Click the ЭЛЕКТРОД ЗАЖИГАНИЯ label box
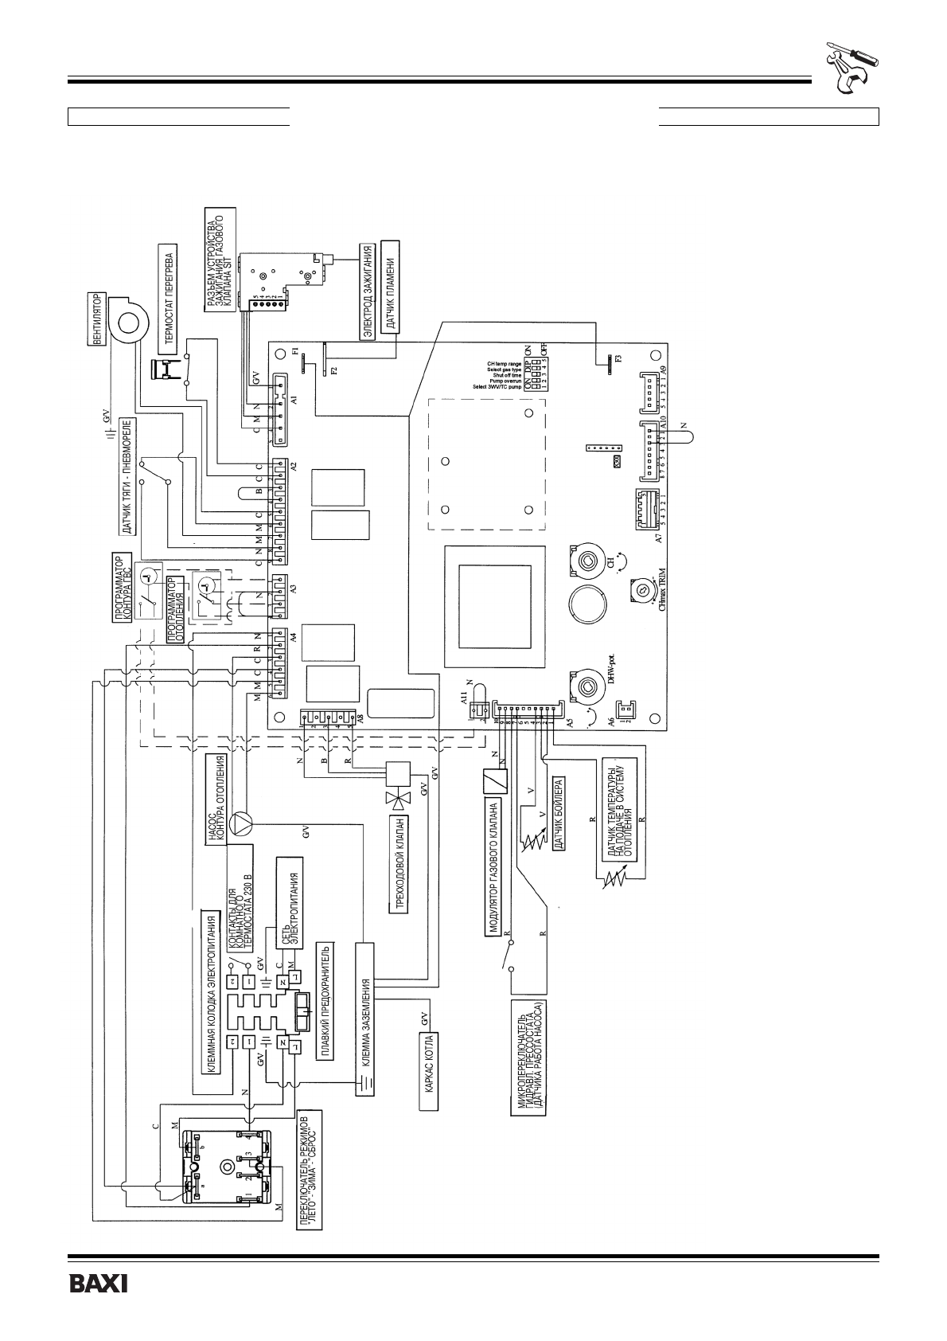point(368,293)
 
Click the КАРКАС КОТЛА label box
point(429,1072)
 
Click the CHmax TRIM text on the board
point(660,593)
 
